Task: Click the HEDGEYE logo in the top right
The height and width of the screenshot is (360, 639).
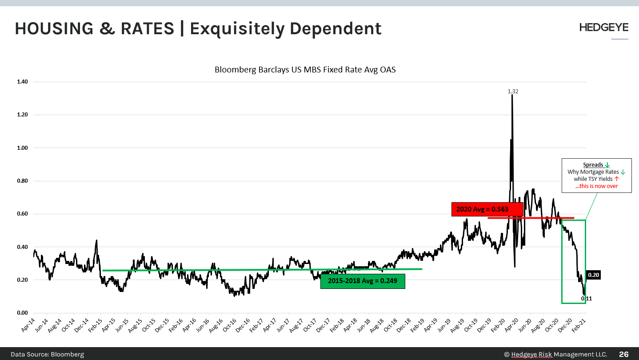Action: (603, 28)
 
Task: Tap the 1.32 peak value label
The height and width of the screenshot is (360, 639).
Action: (513, 92)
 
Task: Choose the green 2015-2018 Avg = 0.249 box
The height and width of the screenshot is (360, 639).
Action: (363, 281)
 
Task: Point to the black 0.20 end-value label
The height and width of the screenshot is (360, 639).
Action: (594, 275)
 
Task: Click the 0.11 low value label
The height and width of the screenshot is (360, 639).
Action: (587, 299)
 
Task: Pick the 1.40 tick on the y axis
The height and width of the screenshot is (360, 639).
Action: (22, 82)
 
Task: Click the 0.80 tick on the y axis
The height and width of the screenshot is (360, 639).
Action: (22, 181)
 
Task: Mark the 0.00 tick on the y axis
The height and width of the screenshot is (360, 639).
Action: (22, 313)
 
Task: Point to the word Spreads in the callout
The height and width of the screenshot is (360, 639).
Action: (593, 165)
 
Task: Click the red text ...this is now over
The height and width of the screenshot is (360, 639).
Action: (596, 186)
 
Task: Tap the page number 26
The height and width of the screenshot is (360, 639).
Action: (624, 354)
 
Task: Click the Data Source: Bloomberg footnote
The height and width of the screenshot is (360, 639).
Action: (47, 354)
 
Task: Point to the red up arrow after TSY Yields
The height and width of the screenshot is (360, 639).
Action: (616, 179)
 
